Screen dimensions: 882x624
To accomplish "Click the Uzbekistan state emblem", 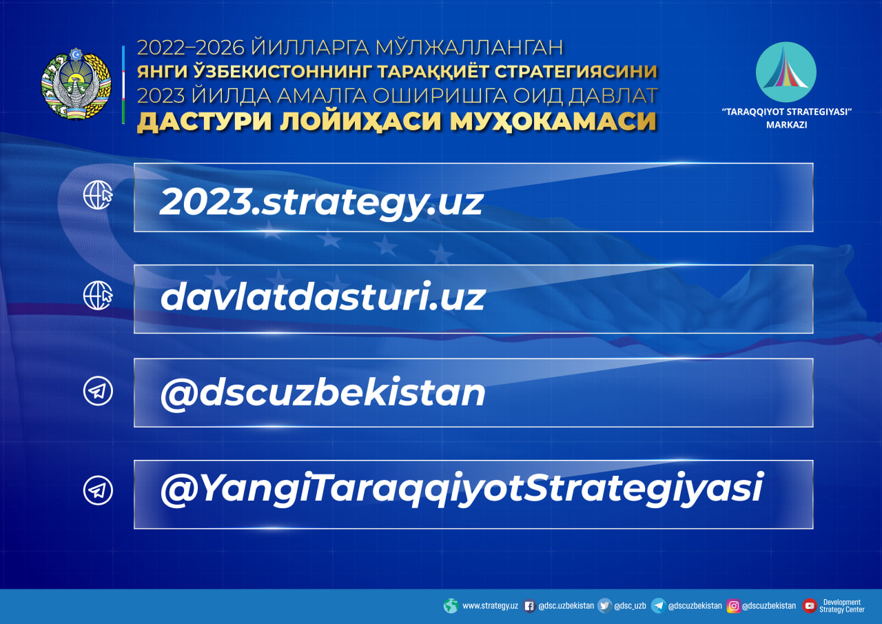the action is [76, 83].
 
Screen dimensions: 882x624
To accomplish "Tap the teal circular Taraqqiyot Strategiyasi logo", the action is [786, 72].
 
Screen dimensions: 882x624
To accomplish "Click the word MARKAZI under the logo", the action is [787, 125].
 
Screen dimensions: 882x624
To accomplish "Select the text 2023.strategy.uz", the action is [321, 203].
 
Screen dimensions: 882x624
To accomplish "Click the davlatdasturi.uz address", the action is [323, 296].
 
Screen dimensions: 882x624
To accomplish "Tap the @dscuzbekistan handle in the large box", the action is [323, 393].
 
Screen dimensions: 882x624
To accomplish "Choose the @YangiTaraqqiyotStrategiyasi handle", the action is [462, 489].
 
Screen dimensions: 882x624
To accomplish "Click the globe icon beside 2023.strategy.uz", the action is [98, 195].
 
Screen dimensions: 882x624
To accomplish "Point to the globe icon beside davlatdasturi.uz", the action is [98, 296].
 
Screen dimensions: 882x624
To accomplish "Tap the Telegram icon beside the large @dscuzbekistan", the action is [98, 391].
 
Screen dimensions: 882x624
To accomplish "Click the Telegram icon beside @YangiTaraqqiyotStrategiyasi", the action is [98, 490].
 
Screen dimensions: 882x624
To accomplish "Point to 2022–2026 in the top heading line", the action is [191, 48].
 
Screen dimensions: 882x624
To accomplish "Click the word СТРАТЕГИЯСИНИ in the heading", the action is [575, 72].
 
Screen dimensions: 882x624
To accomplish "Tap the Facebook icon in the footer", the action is [529, 606].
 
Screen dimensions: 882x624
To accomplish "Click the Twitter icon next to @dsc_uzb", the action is [604, 606].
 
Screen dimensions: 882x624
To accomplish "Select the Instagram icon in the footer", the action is [733, 606].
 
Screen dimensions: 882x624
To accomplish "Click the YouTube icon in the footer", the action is [810, 606].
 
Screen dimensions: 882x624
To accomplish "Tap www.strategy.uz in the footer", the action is [490, 606].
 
